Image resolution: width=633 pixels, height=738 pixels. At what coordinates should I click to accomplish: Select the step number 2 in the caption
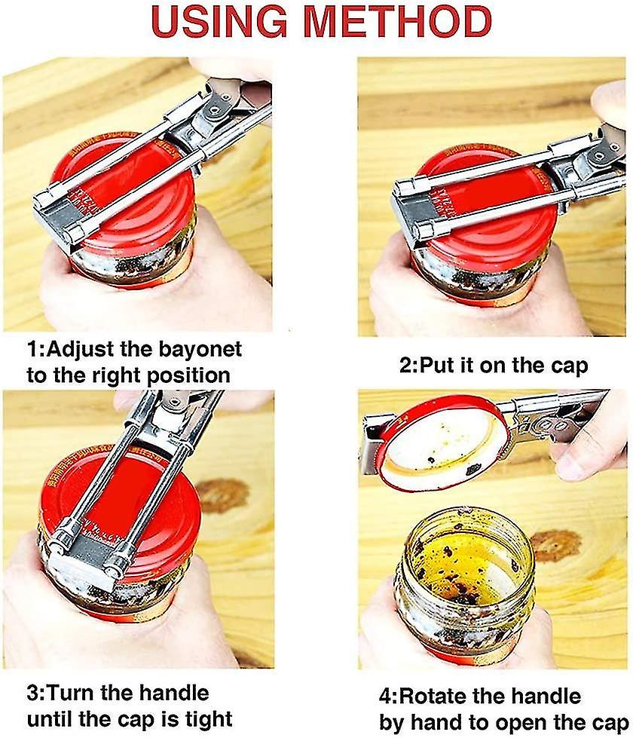[405, 366]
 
